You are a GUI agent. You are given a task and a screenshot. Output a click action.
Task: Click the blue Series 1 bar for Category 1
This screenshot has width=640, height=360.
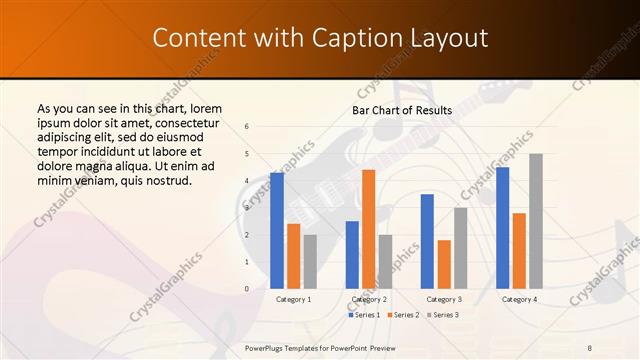[x=277, y=231]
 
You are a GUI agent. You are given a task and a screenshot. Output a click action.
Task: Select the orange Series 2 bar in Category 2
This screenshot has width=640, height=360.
[x=368, y=229]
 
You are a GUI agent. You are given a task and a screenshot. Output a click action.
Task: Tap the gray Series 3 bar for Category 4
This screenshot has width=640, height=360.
[x=536, y=221]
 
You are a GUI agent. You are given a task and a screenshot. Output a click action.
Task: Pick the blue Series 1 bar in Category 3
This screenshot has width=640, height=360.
[x=427, y=241]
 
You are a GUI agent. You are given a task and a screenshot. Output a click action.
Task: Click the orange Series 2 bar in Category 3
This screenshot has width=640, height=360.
[x=444, y=264]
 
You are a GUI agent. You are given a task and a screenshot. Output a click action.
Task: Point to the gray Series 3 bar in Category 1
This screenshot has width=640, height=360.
[x=310, y=262]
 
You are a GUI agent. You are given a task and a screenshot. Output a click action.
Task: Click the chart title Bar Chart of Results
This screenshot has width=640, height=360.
[x=402, y=110]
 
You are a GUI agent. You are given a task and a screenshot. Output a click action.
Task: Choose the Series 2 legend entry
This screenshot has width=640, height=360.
[x=402, y=315]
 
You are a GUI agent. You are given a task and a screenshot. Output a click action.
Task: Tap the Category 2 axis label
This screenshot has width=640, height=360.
[x=369, y=299]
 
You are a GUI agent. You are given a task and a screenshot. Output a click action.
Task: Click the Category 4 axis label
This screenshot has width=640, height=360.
[x=519, y=299]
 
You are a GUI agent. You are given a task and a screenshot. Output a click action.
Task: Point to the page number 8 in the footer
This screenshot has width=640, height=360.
[x=589, y=347]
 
